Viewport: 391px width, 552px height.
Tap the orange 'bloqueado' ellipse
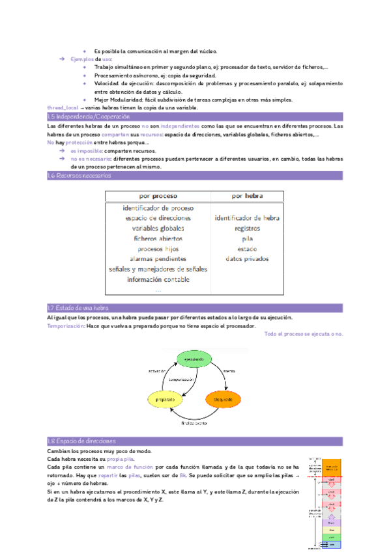click(x=223, y=397)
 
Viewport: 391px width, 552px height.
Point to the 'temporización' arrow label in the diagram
click(x=182, y=379)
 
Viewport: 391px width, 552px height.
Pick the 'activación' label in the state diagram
click(x=158, y=372)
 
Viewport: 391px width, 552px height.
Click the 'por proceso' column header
click(x=158, y=196)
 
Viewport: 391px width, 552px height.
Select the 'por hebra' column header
click(x=248, y=196)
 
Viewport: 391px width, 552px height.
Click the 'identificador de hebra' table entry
click(x=247, y=218)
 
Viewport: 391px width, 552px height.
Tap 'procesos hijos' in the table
click(x=158, y=249)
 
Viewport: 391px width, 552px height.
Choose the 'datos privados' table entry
click(x=247, y=259)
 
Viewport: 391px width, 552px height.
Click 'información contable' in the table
click(x=158, y=279)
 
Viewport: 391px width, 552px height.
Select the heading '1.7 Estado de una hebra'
click(x=78, y=308)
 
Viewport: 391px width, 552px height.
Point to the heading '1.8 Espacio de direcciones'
click(x=81, y=441)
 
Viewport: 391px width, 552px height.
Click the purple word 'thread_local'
click(x=63, y=107)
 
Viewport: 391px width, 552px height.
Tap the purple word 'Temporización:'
click(x=66, y=326)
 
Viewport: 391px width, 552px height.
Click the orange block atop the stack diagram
click(x=332, y=467)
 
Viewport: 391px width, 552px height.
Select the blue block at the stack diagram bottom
click(x=332, y=544)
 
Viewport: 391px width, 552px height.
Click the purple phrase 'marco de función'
click(x=130, y=467)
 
